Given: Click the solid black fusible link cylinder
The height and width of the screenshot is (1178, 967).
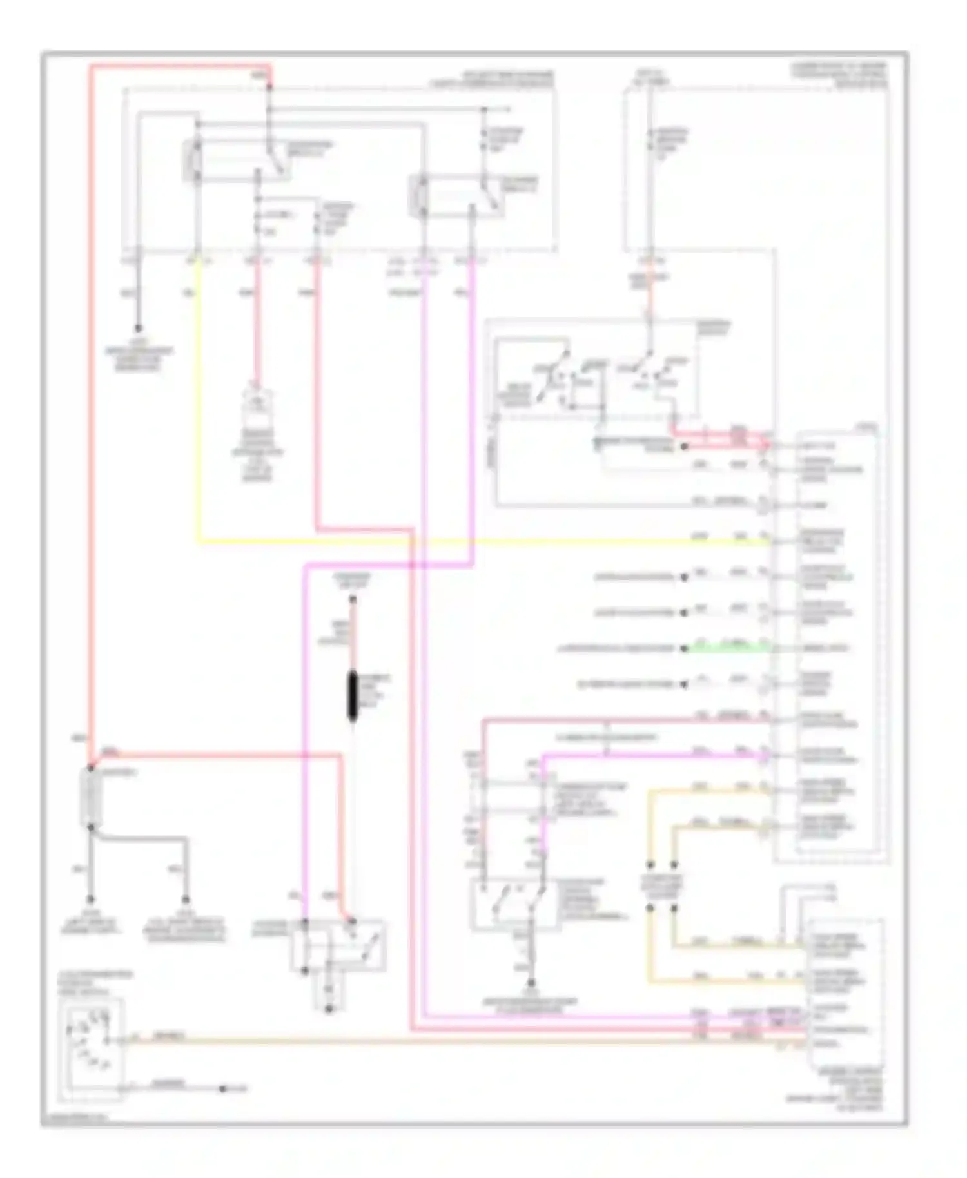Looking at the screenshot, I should (x=353, y=696).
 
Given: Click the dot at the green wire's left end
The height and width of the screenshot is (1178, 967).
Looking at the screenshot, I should (x=684, y=648).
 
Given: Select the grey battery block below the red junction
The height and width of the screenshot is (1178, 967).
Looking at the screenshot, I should (x=91, y=798).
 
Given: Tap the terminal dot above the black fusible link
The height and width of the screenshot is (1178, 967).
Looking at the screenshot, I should (x=353, y=600).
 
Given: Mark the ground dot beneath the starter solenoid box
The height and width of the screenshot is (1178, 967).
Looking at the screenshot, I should (x=329, y=1010).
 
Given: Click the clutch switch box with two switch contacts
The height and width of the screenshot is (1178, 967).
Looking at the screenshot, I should (x=515, y=905).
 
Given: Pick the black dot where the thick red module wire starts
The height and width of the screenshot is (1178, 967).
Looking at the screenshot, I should (x=685, y=445).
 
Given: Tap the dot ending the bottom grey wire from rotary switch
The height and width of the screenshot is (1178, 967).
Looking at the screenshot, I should (x=222, y=1090).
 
